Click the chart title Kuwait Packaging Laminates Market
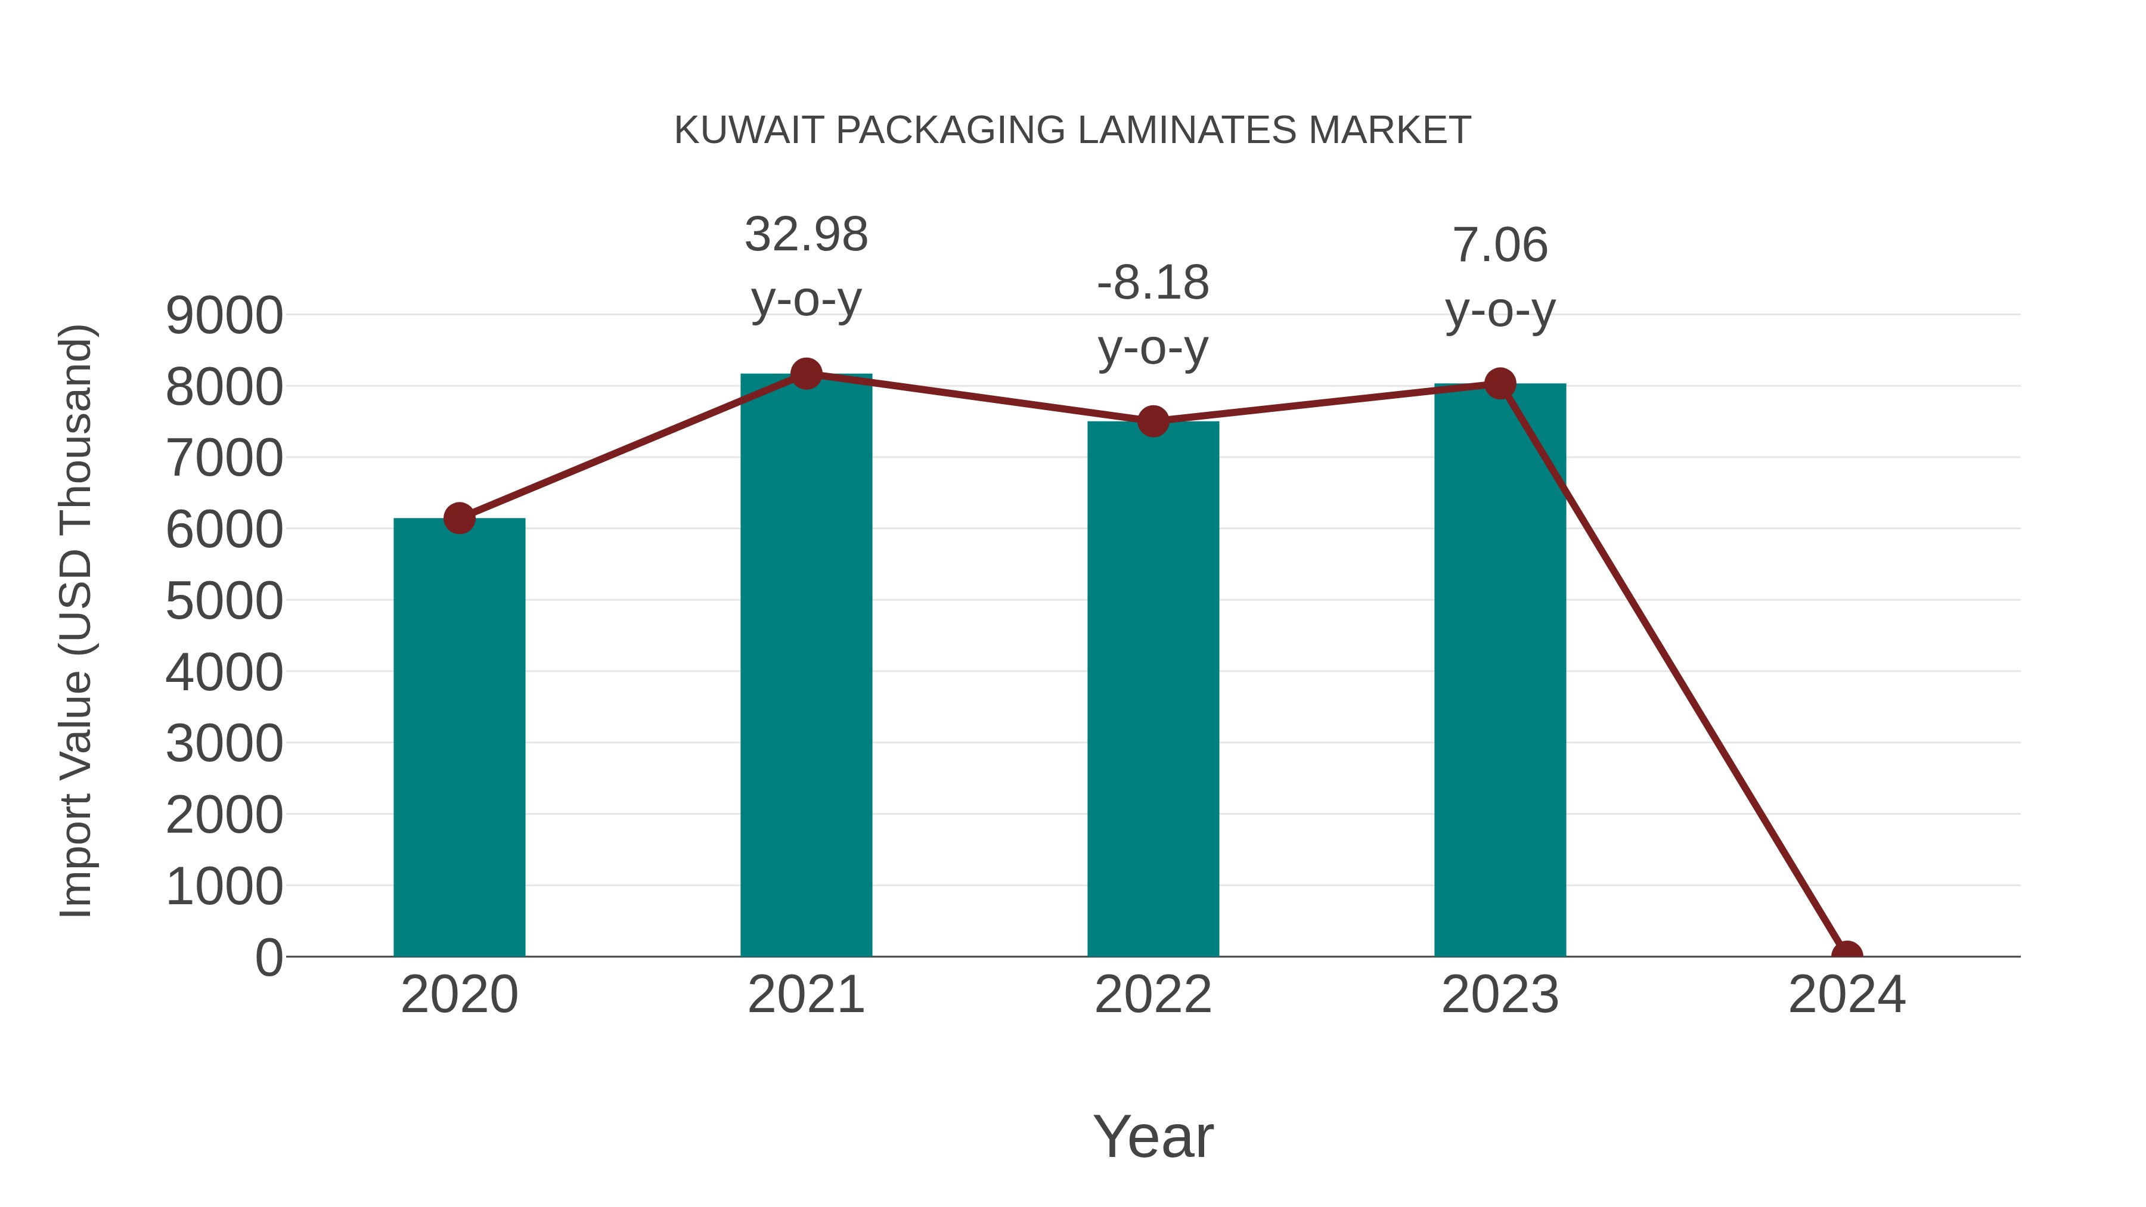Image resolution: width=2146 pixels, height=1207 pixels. (x=1072, y=131)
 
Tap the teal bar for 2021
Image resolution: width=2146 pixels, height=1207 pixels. (x=805, y=666)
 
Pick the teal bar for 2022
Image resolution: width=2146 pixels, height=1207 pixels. (x=1153, y=691)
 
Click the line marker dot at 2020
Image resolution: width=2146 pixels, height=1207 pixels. (x=459, y=518)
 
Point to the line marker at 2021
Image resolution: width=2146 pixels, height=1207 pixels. (x=805, y=374)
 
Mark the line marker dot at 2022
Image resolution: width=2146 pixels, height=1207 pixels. (x=1153, y=421)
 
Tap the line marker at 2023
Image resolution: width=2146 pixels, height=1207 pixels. (x=1500, y=383)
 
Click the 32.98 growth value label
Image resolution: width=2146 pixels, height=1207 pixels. (x=805, y=234)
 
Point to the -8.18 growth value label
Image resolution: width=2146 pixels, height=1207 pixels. (x=1153, y=283)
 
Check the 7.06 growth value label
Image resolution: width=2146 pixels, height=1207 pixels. (x=1500, y=245)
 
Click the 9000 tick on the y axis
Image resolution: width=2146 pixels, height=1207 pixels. (x=224, y=316)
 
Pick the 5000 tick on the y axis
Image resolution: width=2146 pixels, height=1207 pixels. (x=224, y=601)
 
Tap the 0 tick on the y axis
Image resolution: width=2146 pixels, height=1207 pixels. (x=268, y=957)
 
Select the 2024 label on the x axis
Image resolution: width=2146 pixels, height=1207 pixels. (x=1847, y=995)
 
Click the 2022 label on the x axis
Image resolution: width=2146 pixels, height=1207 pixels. (x=1153, y=995)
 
